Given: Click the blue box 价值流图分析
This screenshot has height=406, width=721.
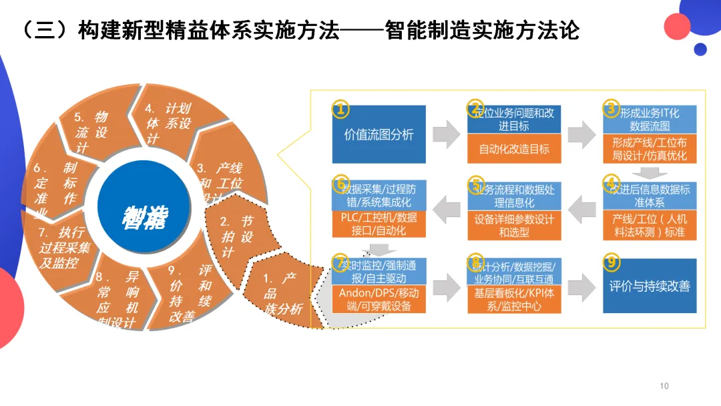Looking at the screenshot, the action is [x=379, y=134].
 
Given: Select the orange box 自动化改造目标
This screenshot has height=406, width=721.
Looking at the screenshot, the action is [x=514, y=149].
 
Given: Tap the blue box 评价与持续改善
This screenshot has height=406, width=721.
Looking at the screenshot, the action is [x=650, y=286].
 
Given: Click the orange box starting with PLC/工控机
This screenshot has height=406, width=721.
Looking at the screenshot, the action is [x=379, y=224].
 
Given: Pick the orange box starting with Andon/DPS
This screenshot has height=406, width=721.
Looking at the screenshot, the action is [x=379, y=300].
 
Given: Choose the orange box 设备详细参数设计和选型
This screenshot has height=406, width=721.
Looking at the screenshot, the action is [x=514, y=225].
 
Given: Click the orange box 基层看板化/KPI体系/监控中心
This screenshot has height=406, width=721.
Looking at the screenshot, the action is [x=514, y=300].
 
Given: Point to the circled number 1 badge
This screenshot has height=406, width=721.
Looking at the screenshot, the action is [x=340, y=109].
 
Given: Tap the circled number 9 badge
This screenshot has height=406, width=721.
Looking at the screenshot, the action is [x=611, y=261].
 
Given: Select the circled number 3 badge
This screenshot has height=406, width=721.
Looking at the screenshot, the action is [x=611, y=108].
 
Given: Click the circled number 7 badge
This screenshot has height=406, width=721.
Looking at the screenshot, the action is [x=340, y=261].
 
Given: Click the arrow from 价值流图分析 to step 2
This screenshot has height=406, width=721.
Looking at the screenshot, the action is [x=446, y=134].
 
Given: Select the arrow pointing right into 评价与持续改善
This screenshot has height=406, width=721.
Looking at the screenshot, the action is [x=581, y=286].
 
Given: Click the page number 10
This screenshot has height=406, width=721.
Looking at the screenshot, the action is [x=664, y=386].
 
